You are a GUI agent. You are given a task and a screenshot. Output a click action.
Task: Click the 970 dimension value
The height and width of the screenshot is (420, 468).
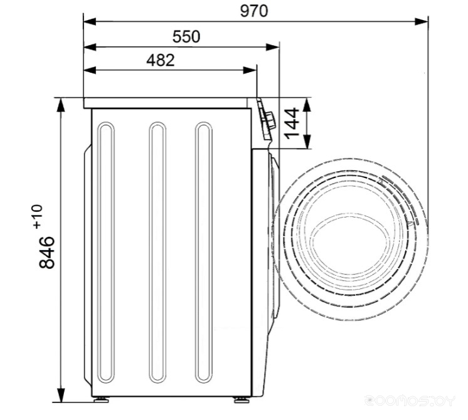tap(254, 11)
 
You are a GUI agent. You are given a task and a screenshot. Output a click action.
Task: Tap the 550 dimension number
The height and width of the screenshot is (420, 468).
tap(186, 37)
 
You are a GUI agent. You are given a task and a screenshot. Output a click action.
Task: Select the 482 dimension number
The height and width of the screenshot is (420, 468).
tap(160, 60)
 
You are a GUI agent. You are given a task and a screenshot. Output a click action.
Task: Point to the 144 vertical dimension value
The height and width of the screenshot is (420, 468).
tap(292, 123)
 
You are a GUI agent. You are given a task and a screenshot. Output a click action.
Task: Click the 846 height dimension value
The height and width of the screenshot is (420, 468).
tap(47, 253)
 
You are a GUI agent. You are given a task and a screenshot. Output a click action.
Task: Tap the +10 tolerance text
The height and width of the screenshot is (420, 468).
tap(38, 217)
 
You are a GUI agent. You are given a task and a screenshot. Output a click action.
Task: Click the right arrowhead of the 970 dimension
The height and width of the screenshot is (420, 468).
tap(422, 21)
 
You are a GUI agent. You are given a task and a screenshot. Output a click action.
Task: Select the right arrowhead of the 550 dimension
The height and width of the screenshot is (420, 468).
tap(272, 47)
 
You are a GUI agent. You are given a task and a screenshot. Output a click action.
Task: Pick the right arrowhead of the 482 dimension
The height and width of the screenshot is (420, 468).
tap(250, 70)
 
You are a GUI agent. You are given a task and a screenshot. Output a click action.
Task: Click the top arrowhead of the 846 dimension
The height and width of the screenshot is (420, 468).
tap(61, 105)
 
